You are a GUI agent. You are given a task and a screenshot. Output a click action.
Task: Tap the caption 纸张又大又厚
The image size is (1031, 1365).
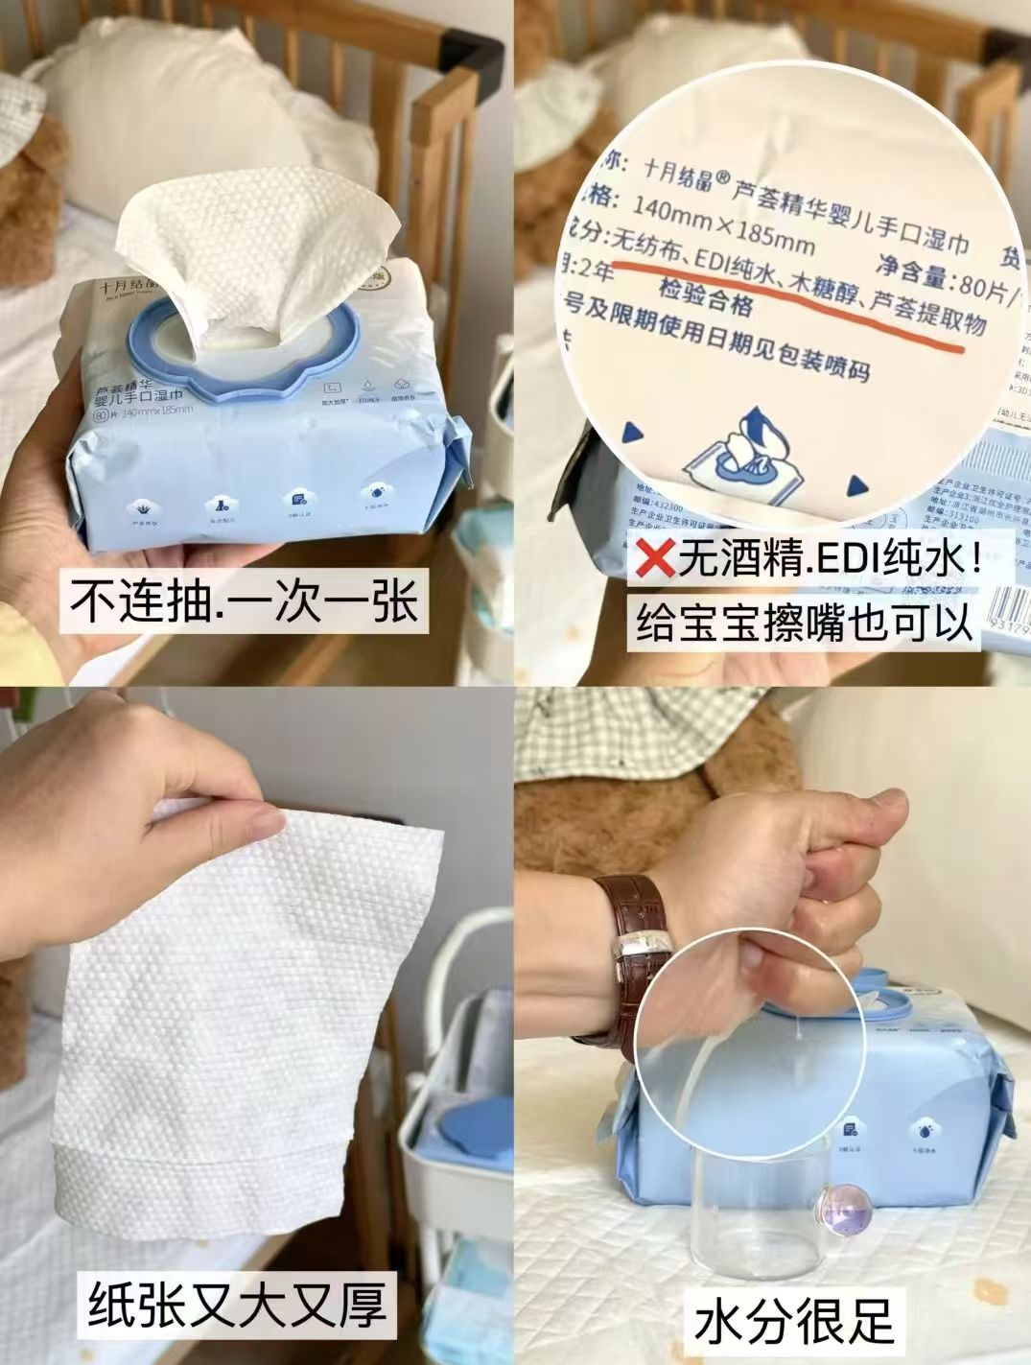click(x=237, y=1302)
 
